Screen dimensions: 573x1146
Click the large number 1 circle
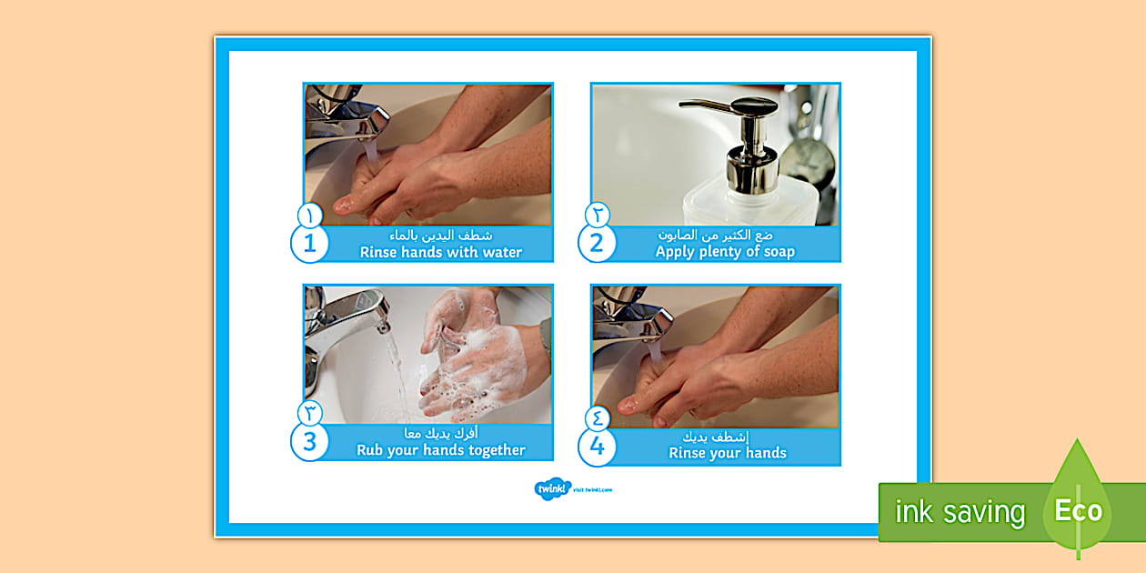[309, 244]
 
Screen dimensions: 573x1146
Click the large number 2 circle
[597, 244]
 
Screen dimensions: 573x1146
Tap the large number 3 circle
[309, 442]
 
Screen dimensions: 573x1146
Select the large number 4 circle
[597, 446]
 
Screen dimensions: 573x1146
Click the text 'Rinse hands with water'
[441, 252]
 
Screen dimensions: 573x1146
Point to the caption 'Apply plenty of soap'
[725, 252]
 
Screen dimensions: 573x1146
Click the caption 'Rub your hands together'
[441, 450]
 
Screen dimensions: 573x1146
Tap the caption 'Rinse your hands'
[728, 453]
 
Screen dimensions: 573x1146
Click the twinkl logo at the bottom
[552, 489]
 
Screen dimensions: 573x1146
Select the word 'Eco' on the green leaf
[1078, 510]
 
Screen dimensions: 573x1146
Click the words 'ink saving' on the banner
[960, 512]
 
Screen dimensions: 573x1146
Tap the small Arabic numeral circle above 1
[310, 216]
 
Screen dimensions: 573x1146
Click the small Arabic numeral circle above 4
[597, 418]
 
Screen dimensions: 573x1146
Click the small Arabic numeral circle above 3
[310, 414]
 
